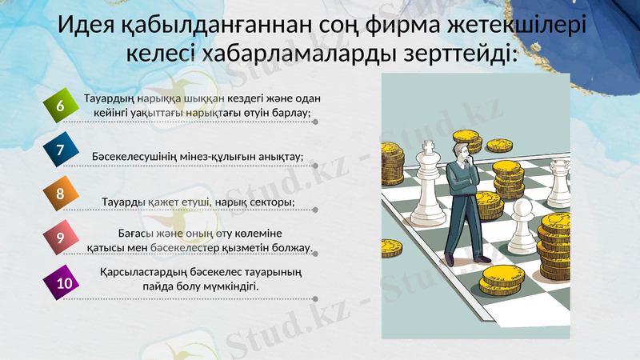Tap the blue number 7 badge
(59, 150)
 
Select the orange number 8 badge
(59, 194)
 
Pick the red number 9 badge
(59, 237)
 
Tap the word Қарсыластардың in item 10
(139, 273)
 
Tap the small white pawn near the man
(521, 228)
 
